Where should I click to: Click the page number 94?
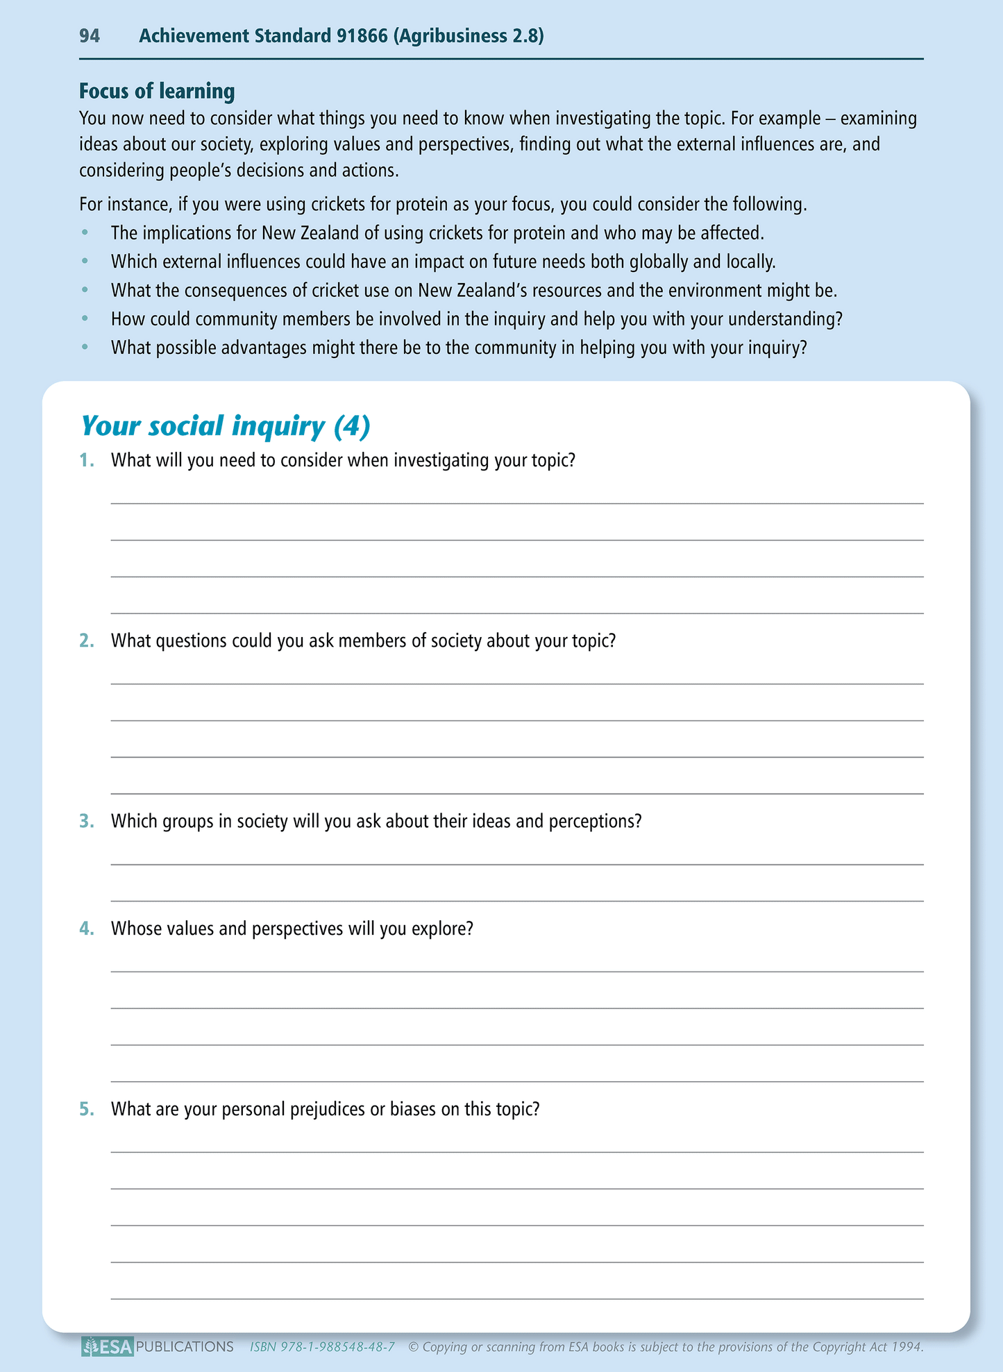coord(90,36)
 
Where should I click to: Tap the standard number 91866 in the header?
coord(362,36)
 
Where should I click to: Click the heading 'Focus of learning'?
coord(157,91)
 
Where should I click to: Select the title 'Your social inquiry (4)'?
coord(226,425)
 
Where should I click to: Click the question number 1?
coord(86,460)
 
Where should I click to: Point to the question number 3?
coord(86,821)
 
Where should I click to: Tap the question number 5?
coord(86,1109)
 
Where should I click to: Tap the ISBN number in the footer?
coord(322,1347)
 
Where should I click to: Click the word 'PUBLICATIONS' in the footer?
coord(185,1347)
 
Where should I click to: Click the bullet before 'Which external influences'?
coord(85,262)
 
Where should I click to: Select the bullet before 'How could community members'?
coord(85,319)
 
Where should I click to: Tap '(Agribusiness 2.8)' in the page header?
coord(469,36)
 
